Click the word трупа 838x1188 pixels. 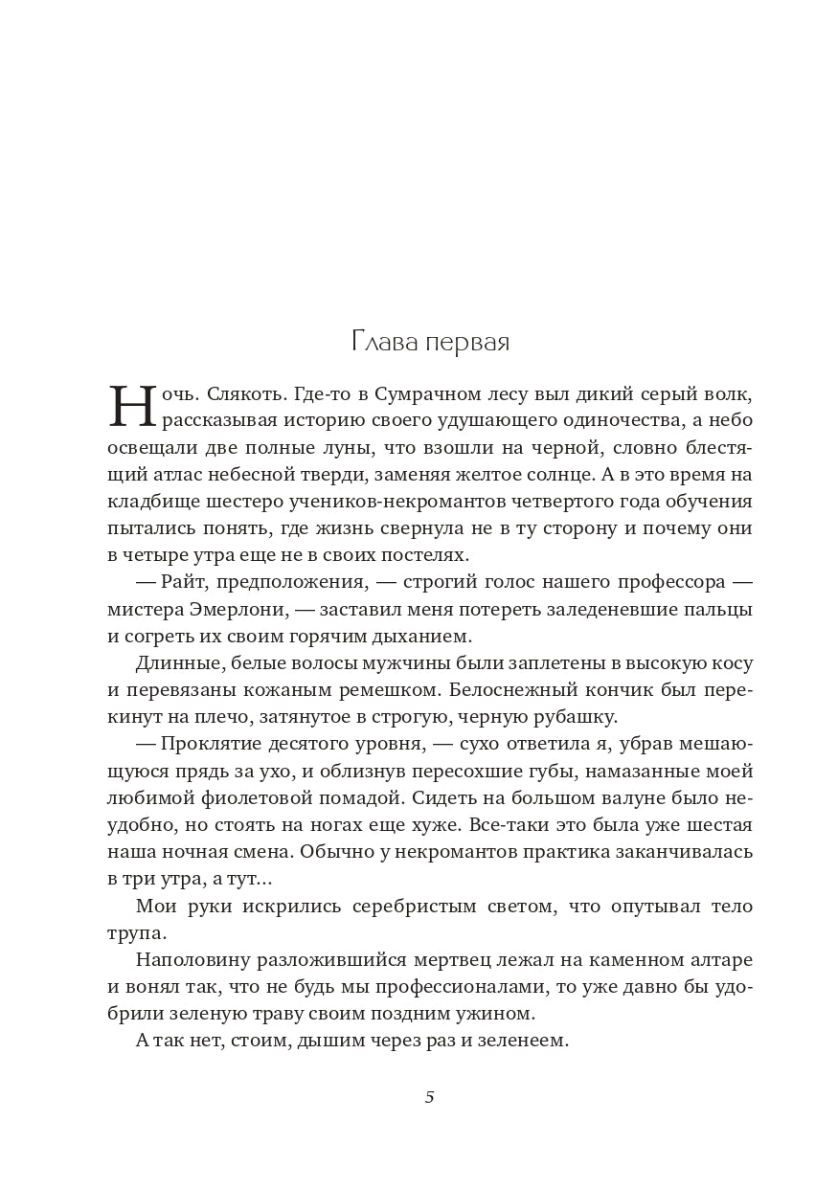[137, 932]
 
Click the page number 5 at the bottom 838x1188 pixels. [429, 1097]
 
